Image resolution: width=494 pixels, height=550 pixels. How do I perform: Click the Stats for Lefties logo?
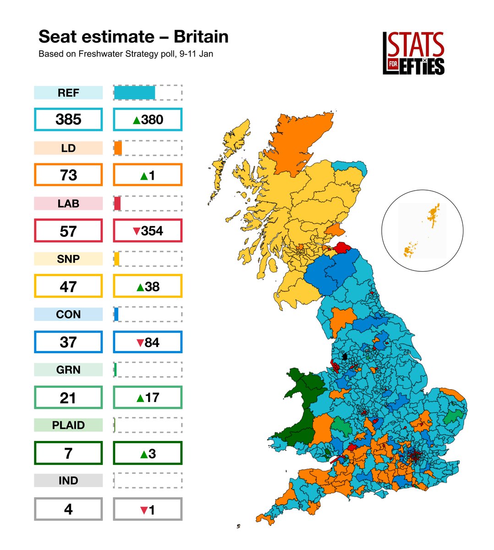(x=413, y=53)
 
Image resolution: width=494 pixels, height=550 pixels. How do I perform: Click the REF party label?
(x=68, y=93)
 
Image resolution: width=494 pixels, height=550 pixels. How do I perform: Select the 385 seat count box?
(x=68, y=120)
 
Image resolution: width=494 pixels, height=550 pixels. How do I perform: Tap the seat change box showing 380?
(x=148, y=120)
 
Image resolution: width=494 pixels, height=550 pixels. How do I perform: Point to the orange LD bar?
(x=118, y=148)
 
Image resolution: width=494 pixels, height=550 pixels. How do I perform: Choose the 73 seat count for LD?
(x=68, y=175)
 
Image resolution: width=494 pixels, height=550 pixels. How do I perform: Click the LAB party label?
(x=68, y=203)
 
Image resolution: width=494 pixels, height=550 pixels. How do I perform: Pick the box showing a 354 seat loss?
(x=148, y=231)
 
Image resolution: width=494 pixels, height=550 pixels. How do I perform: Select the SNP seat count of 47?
(x=68, y=286)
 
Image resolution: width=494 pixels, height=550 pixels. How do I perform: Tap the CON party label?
(x=68, y=314)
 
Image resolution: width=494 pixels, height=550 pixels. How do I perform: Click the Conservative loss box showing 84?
(x=148, y=342)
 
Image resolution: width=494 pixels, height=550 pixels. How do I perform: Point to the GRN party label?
(x=68, y=370)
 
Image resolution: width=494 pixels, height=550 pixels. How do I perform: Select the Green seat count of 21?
(x=68, y=397)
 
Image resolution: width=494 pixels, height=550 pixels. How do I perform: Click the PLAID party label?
(x=68, y=425)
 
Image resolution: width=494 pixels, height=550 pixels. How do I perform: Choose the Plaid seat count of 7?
(x=68, y=453)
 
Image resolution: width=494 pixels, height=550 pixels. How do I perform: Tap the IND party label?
(x=68, y=481)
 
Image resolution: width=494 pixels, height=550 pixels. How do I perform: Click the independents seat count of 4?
(x=68, y=509)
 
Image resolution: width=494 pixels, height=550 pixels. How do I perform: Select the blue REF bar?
(x=134, y=93)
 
